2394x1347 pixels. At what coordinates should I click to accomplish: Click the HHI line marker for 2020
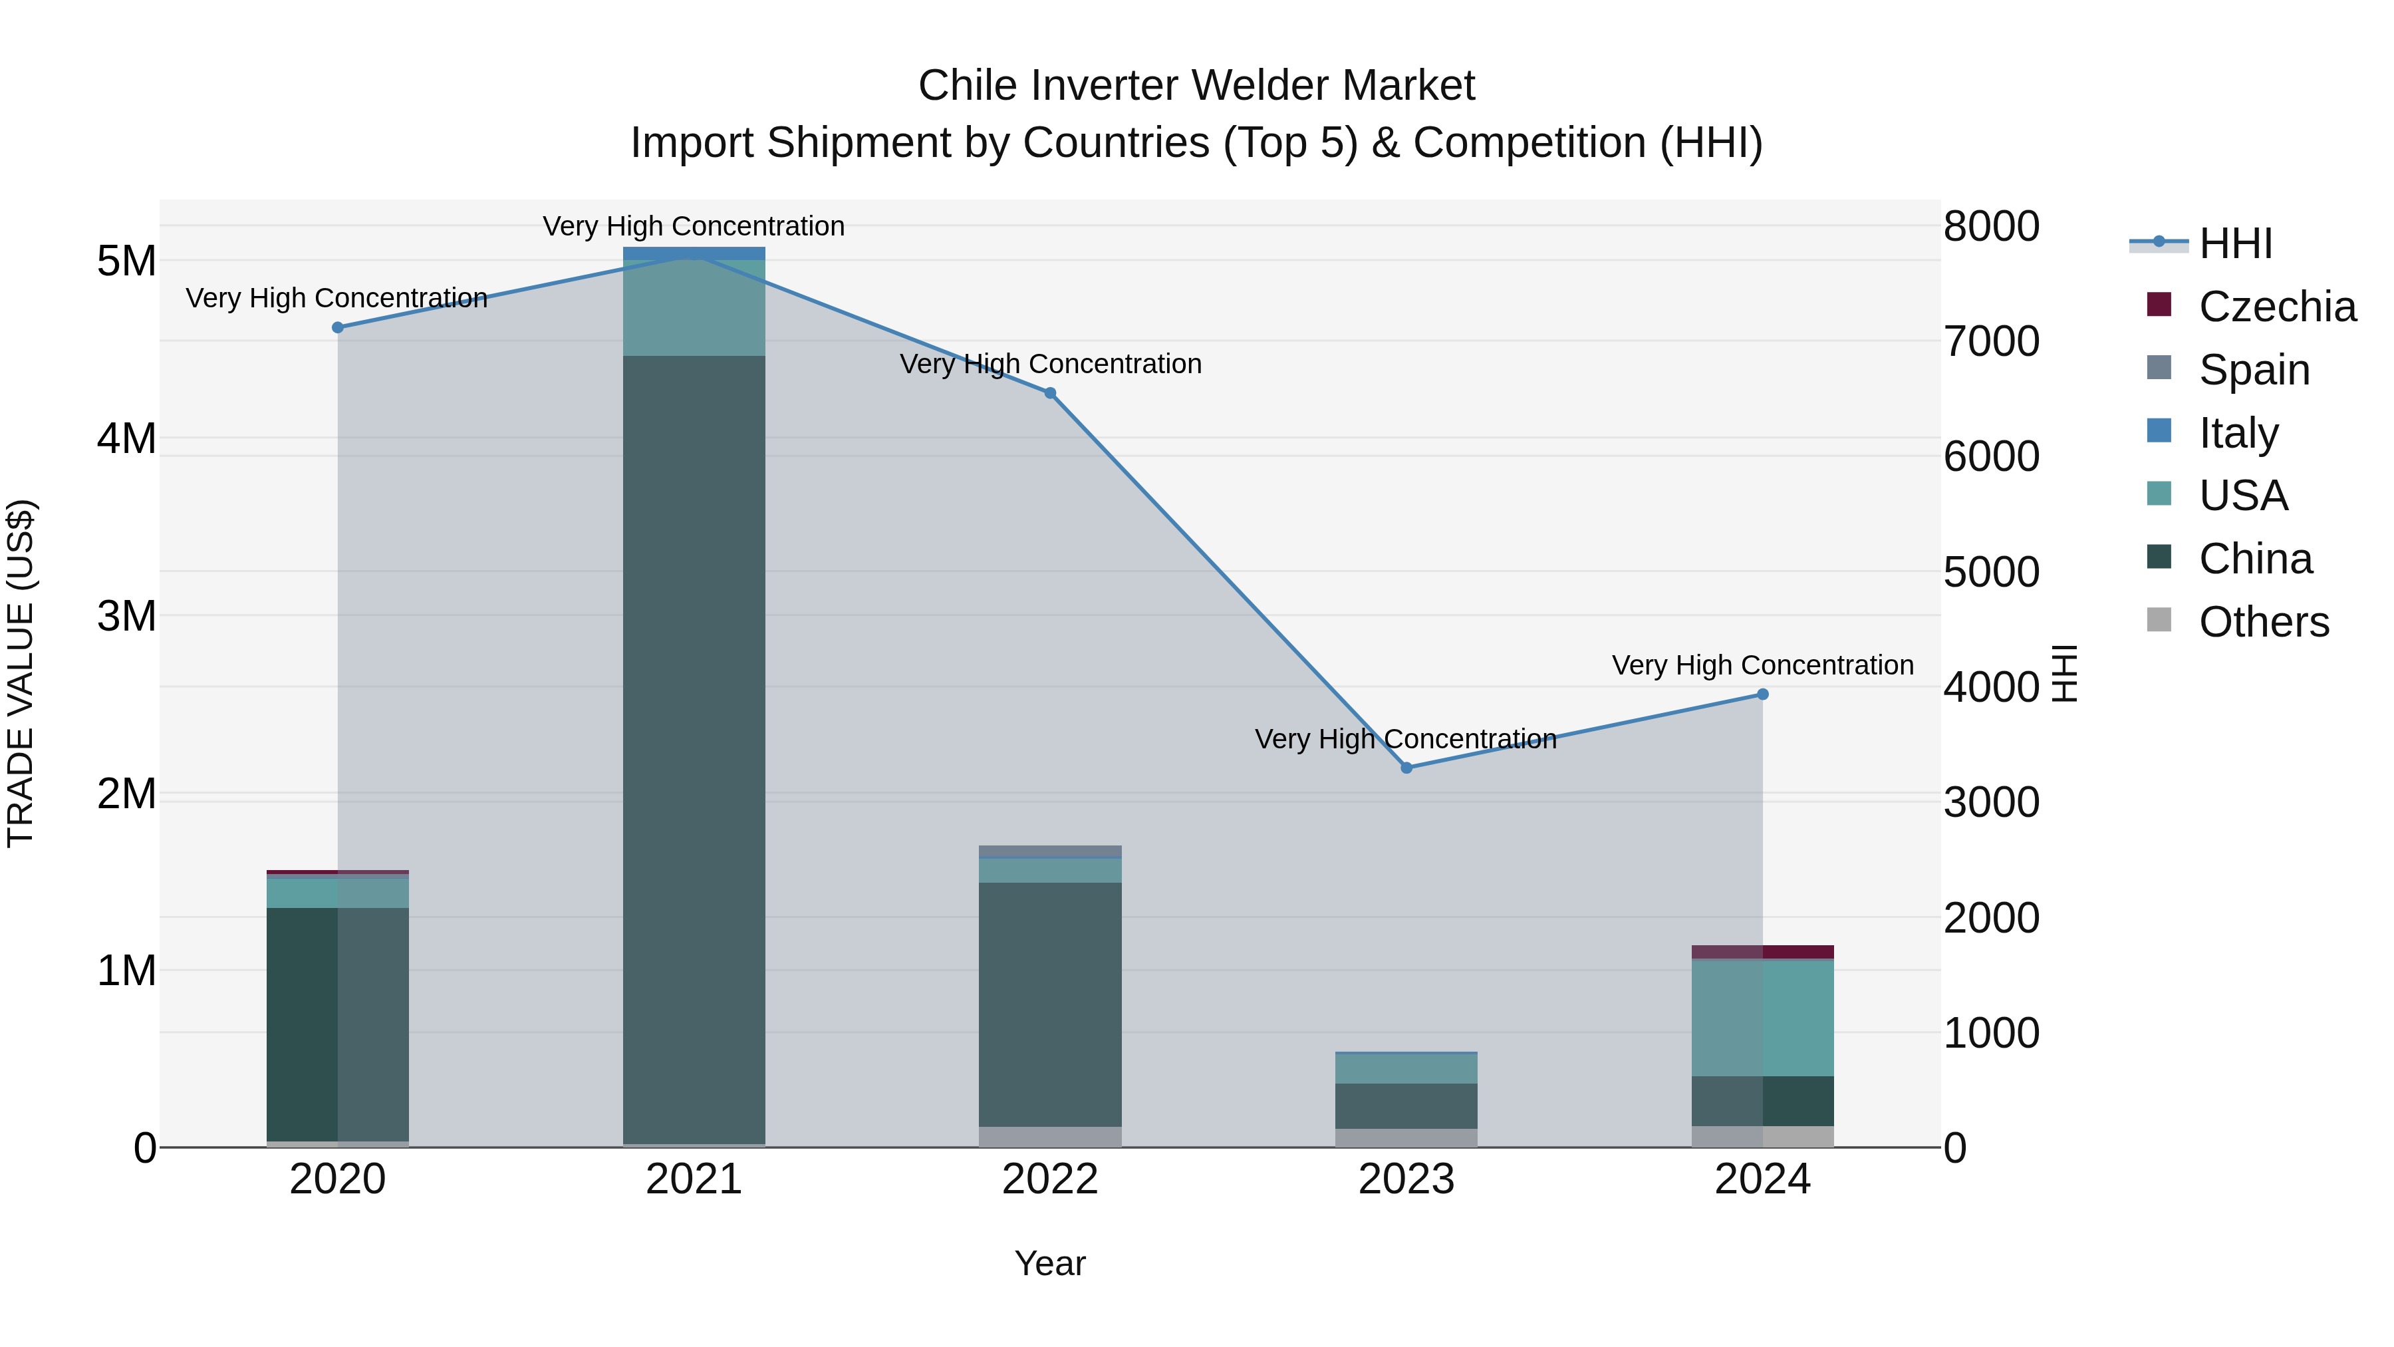[337, 327]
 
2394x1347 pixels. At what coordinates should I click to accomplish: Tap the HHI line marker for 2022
[1050, 393]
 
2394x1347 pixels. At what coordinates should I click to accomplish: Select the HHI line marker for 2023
[1406, 768]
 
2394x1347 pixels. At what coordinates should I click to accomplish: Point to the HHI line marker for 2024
[1762, 694]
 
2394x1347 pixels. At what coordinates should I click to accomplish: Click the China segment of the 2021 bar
[694, 744]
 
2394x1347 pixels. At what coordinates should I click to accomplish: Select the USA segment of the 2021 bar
[694, 307]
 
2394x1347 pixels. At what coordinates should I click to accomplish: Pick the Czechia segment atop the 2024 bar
[1762, 952]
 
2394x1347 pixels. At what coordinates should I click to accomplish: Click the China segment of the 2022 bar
[1050, 1004]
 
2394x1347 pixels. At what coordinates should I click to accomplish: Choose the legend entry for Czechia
[2276, 307]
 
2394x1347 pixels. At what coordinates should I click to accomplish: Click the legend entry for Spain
[2254, 370]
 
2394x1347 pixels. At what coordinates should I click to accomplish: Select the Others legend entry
[2263, 622]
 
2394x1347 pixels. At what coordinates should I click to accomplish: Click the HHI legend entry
[2235, 243]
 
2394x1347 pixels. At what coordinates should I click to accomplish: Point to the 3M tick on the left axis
[126, 615]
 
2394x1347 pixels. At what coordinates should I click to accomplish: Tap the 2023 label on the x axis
[1406, 1179]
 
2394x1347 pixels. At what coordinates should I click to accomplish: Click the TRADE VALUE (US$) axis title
[21, 673]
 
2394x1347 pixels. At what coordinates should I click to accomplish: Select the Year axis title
[1050, 1263]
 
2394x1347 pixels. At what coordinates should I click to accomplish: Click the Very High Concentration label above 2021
[694, 226]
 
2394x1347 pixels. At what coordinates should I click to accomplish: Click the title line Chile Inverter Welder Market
[1196, 86]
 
